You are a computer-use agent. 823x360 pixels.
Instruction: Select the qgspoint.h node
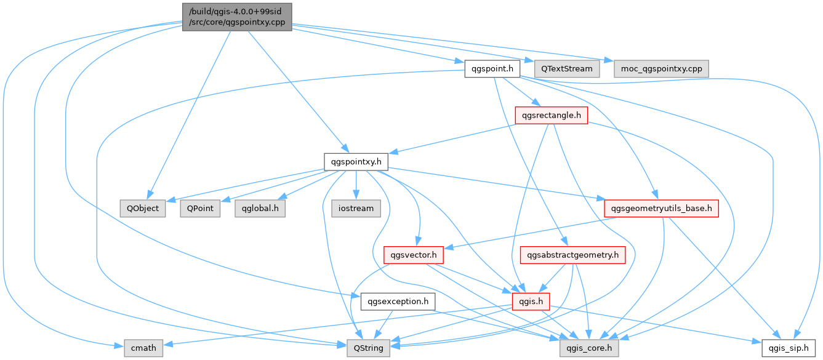[x=492, y=68]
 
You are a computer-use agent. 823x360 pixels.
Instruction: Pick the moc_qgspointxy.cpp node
[x=661, y=68]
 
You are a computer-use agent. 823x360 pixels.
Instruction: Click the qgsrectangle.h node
[x=550, y=115]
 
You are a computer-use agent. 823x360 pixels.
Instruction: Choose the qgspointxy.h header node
[x=356, y=162]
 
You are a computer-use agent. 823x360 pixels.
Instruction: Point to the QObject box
[x=143, y=208]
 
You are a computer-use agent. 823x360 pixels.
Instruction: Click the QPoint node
[x=200, y=208]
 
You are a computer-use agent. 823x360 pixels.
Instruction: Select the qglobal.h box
[x=260, y=208]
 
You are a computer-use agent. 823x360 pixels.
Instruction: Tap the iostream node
[x=356, y=208]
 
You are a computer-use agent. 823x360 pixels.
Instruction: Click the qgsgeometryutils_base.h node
[x=661, y=208]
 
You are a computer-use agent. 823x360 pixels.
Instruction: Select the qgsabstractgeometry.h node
[x=573, y=255]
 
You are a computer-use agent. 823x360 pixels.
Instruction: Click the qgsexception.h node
[x=398, y=302]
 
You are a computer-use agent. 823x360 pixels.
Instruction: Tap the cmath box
[x=143, y=348]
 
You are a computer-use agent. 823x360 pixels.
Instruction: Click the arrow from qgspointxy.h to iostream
[x=356, y=185]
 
